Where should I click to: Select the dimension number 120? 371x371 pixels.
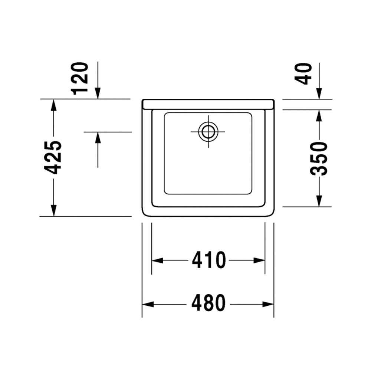tap(81, 78)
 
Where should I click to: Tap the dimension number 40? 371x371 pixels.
tap(306, 74)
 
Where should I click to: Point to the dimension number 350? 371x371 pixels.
tap(319, 158)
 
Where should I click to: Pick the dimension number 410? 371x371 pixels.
tap(209, 260)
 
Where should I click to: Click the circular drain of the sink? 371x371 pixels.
tap(208, 132)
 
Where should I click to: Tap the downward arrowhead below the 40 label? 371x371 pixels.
tap(319, 94)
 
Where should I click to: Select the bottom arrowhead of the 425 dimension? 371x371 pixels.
tap(54, 210)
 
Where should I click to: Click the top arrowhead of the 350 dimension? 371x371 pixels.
tap(319, 115)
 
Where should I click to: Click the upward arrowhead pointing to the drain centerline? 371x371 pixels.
tap(98, 138)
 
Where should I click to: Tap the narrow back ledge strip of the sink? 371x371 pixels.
tap(208, 104)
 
